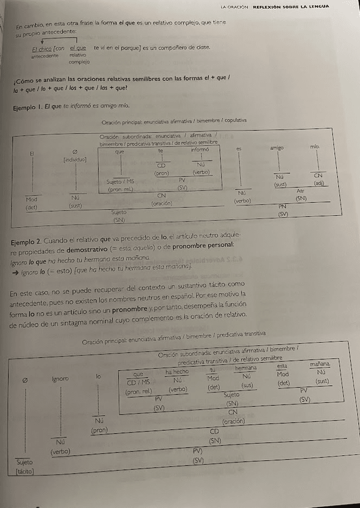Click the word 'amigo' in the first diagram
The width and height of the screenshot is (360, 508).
(277, 147)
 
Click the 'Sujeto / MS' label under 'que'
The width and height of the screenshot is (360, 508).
(120, 181)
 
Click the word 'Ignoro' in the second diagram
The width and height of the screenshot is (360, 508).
(62, 379)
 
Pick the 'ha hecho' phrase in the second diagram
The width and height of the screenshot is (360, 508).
(177, 372)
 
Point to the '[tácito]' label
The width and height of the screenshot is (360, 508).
(25, 473)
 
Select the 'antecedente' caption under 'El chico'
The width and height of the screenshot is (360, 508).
(45, 55)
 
